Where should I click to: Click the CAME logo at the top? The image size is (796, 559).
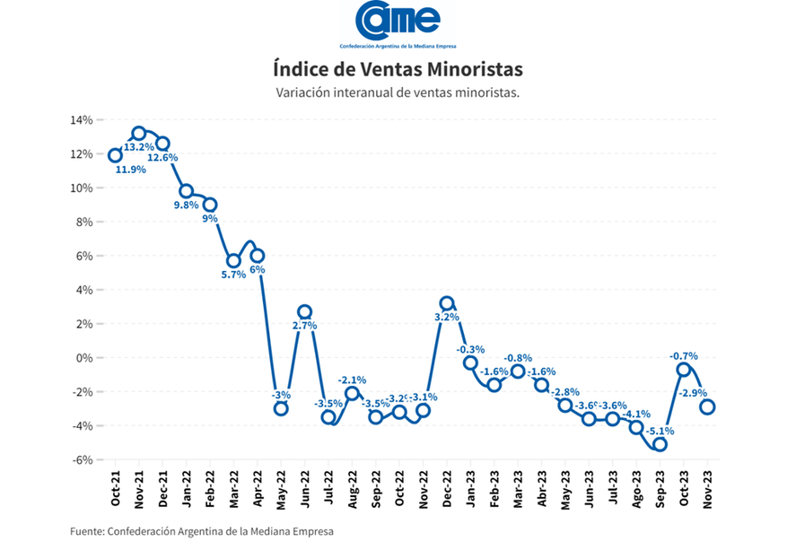(398, 25)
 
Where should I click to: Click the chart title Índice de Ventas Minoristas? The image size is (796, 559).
(398, 69)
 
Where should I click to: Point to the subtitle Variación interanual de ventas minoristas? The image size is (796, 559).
(398, 92)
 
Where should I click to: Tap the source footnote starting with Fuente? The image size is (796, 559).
(201, 531)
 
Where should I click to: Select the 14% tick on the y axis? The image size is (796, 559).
(81, 120)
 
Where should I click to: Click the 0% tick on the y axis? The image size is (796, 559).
(83, 358)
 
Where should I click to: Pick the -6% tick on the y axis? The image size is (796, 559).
(81, 459)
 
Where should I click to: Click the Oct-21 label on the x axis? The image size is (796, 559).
(116, 489)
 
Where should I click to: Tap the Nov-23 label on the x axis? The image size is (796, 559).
(708, 489)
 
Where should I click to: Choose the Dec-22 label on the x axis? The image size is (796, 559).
(447, 489)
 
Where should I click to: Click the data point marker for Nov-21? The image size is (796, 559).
(139, 134)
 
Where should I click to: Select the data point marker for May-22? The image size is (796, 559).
(281, 408)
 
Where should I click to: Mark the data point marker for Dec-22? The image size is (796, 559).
(447, 303)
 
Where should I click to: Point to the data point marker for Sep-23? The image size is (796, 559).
(660, 444)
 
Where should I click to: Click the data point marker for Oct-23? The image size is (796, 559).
(684, 370)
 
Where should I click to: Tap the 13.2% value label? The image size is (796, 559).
(139, 147)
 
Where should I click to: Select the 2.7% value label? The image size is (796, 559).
(305, 326)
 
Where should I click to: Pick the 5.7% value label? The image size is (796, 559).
(233, 275)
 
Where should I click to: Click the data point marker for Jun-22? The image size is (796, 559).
(305, 312)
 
